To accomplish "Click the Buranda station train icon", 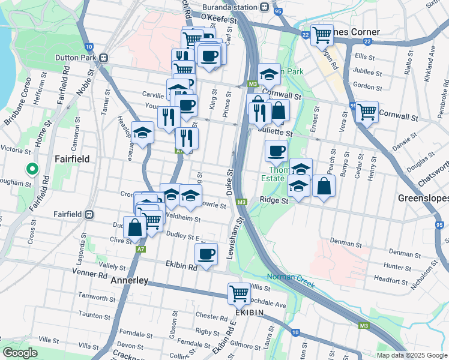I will click(265, 7).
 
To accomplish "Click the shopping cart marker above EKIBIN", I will click(239, 293).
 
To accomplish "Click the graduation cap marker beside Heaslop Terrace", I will click(143, 133).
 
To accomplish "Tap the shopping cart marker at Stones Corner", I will click(322, 34).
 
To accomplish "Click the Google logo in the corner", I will click(19, 353).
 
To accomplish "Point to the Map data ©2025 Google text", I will click(412, 355).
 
